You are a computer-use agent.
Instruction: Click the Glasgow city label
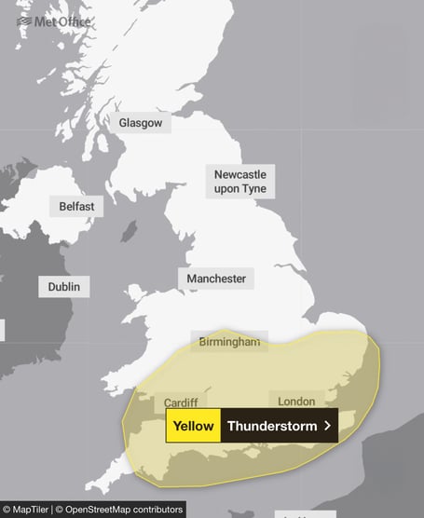[x=140, y=123]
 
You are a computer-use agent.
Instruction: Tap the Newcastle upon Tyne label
[x=239, y=182]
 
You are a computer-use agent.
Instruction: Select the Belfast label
[x=76, y=206]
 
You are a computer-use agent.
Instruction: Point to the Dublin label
[x=64, y=286]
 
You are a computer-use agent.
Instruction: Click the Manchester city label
[x=216, y=279]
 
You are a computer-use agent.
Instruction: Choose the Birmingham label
[x=229, y=343]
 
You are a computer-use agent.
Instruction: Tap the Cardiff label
[x=180, y=402]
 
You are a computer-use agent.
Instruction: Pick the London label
[x=296, y=402]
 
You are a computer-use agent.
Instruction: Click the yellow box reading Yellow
[x=193, y=426]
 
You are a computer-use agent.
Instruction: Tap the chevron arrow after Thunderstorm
[x=327, y=426]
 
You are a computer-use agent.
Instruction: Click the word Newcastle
[x=239, y=174]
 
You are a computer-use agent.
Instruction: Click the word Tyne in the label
[x=253, y=189]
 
